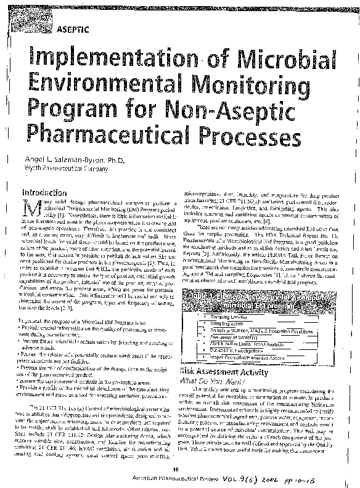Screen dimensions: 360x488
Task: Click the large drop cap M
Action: click(28, 208)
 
